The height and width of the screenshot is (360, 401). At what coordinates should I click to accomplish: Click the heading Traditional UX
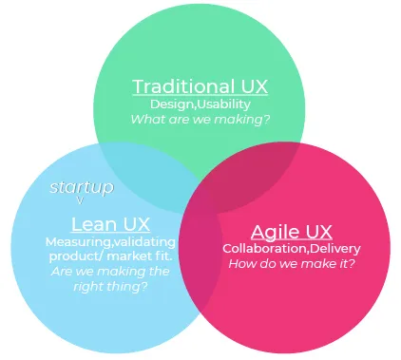pyautogui.click(x=200, y=86)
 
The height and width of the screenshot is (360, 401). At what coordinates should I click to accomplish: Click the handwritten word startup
pyautogui.click(x=81, y=187)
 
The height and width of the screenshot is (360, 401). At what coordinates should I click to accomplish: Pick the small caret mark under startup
pyautogui.click(x=80, y=200)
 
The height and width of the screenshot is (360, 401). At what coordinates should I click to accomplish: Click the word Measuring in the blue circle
pyautogui.click(x=71, y=242)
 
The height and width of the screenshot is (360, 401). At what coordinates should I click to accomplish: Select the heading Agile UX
pyautogui.click(x=292, y=232)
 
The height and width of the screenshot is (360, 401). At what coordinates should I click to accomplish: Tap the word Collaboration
pyautogui.click(x=259, y=249)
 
